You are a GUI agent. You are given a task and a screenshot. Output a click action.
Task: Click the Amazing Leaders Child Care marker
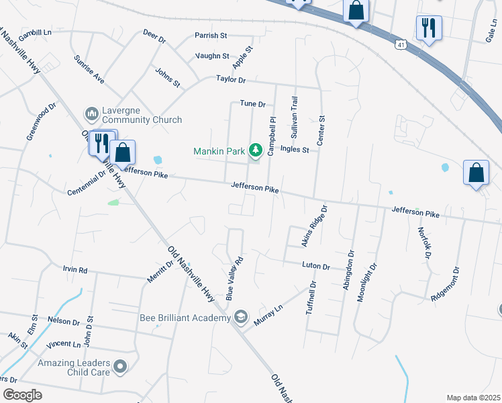coord(120,367)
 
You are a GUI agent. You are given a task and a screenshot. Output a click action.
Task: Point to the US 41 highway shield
coord(401,44)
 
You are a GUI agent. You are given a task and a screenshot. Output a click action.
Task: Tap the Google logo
coord(23,394)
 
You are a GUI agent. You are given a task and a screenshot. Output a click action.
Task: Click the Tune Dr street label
coord(253,104)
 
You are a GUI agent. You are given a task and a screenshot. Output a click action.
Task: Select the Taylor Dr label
coord(231,79)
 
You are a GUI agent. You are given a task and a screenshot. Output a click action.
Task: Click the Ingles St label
coord(295,150)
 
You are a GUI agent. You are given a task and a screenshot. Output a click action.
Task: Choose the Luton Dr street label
coord(315,267)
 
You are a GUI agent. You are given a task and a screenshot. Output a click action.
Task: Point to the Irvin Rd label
coord(75,270)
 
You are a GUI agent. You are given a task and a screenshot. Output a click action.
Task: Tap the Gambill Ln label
coord(35,33)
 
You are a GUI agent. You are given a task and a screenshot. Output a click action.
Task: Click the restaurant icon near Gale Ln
coord(427,28)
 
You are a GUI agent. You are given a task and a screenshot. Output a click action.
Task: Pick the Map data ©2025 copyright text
coord(473,398)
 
